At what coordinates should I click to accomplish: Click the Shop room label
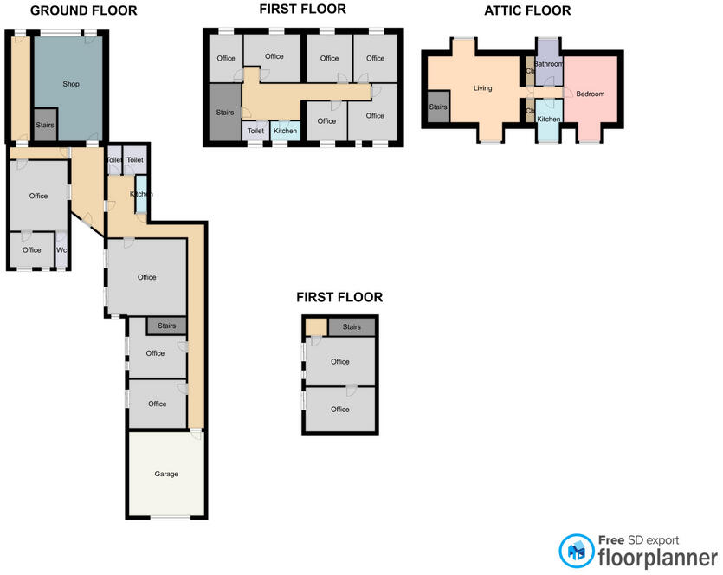(71, 84)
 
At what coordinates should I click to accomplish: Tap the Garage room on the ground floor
(166, 474)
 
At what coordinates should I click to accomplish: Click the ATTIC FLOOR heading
(528, 11)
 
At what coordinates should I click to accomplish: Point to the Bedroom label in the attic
(591, 94)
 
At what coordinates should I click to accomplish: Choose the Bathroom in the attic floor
(549, 65)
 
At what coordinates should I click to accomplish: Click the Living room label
(483, 88)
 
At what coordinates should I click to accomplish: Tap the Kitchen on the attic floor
(548, 119)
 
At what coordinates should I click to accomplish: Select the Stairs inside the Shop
(45, 125)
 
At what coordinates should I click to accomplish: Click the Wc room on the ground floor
(61, 250)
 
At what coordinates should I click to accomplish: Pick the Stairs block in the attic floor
(438, 107)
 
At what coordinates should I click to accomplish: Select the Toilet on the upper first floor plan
(255, 131)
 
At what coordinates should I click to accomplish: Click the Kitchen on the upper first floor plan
(286, 131)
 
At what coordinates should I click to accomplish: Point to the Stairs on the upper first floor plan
(224, 113)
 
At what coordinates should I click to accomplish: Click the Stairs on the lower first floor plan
(351, 326)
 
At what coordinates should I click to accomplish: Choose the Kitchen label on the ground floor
(141, 194)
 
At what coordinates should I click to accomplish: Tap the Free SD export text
(642, 539)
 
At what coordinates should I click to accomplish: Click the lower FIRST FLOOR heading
(339, 297)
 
